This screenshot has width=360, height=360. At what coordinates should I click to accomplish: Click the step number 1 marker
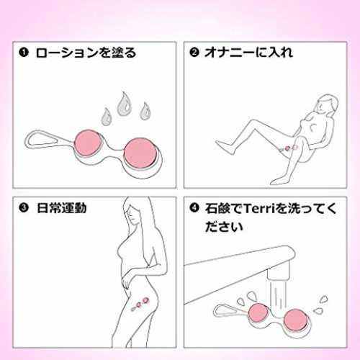click(24, 53)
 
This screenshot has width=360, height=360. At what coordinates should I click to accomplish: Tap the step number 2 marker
click(194, 52)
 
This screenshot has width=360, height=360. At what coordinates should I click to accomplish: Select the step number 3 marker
click(24, 208)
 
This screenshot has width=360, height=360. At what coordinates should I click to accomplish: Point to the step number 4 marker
click(194, 208)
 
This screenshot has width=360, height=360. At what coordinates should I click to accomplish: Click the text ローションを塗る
click(86, 53)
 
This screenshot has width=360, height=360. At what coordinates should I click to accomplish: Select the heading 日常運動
click(61, 208)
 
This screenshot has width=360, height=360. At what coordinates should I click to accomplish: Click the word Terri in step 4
click(258, 208)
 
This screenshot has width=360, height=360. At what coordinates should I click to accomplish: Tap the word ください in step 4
click(224, 226)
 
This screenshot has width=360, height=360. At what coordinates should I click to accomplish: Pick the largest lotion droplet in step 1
click(124, 104)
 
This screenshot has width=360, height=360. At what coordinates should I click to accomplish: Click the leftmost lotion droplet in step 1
click(106, 117)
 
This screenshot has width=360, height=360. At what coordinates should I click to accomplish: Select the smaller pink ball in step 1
click(88, 143)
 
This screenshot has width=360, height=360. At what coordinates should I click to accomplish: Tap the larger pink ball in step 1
click(140, 153)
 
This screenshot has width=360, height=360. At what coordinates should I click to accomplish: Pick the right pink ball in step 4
click(295, 321)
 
